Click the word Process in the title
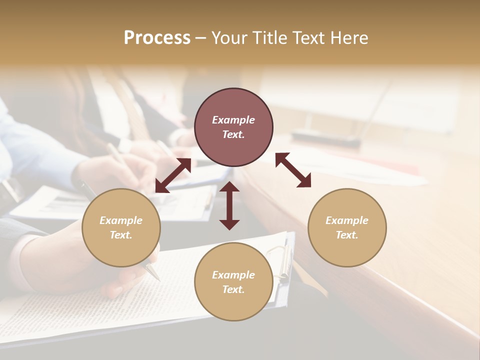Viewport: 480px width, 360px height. point(157,38)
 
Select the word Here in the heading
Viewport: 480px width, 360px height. point(349,38)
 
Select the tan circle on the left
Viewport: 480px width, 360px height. point(121,227)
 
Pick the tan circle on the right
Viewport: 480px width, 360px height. point(347,227)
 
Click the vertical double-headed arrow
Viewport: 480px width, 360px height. point(229,205)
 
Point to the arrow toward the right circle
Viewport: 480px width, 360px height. point(293,170)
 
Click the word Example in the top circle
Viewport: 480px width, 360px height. point(233,120)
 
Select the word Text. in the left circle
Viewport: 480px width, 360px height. point(121,235)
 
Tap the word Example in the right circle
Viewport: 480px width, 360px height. point(347,220)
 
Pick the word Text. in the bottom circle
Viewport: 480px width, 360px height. point(233,289)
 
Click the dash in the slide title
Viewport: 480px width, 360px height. point(200,38)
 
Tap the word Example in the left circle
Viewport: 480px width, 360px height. point(121,220)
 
